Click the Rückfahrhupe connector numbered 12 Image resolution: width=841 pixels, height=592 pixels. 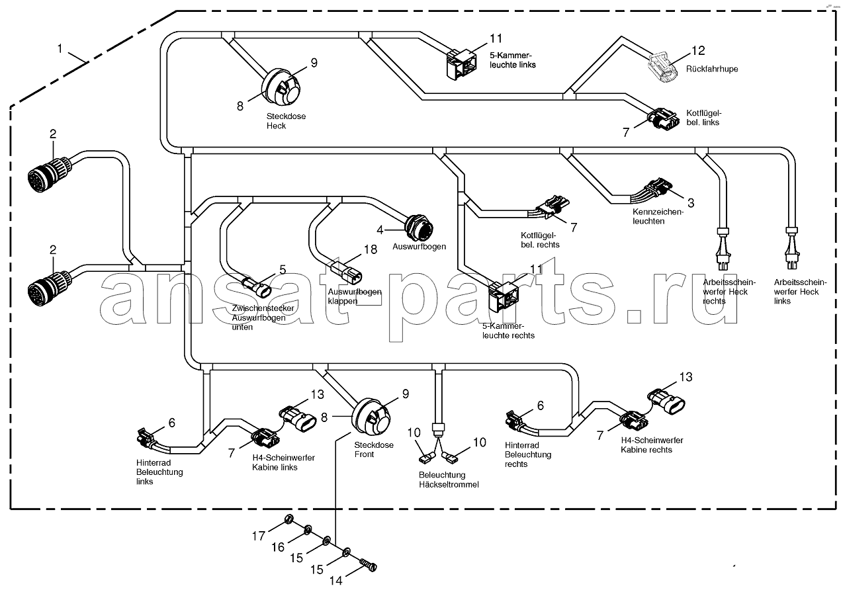point(662,68)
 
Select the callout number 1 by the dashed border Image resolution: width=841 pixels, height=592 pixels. point(60,48)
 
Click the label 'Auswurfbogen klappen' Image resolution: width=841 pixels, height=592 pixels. point(354,296)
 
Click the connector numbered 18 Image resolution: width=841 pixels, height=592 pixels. point(346,273)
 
